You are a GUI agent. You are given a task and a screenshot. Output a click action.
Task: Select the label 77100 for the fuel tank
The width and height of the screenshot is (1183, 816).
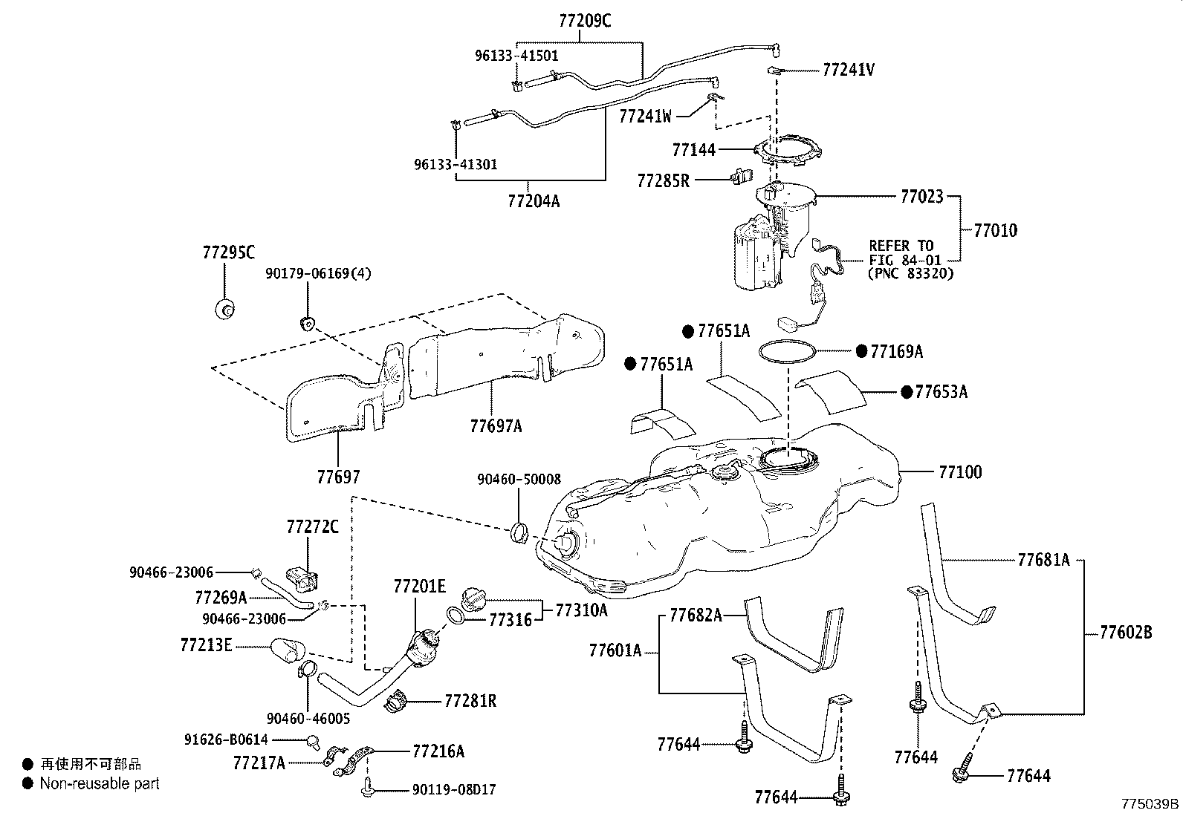point(960,472)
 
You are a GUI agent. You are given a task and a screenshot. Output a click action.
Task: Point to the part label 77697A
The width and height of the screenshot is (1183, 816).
point(496,426)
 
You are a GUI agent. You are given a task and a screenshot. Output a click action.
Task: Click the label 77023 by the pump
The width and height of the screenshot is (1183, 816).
point(921,197)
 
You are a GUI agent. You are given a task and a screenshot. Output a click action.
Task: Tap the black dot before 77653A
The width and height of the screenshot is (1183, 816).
point(906,392)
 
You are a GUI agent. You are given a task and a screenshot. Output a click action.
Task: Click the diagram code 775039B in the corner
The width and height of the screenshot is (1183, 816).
point(1150,804)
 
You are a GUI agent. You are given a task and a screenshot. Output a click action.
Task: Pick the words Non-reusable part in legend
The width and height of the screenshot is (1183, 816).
point(100,783)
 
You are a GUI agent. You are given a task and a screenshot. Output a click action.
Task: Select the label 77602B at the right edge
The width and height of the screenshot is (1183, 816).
point(1126,633)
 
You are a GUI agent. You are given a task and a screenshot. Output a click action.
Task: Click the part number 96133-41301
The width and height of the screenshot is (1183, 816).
point(456,165)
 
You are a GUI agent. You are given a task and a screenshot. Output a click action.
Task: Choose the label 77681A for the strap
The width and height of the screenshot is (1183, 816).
point(1043,561)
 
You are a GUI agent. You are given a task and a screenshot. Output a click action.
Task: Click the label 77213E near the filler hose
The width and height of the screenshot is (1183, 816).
point(206,645)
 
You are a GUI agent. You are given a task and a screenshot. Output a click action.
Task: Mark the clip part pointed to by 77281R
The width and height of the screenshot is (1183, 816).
point(398,699)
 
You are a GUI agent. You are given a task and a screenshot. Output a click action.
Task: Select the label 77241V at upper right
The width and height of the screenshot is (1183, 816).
point(848,71)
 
